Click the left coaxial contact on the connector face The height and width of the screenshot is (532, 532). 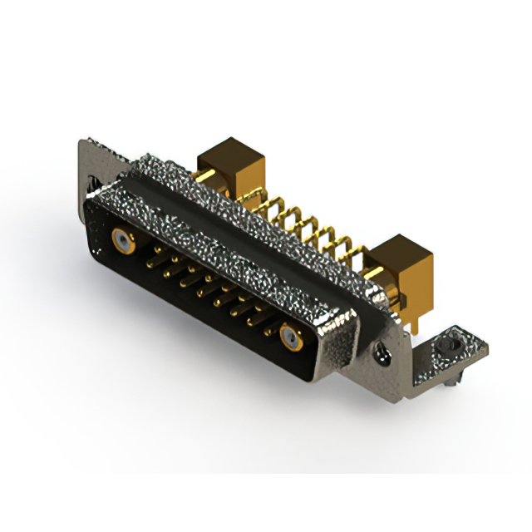tap(122, 241)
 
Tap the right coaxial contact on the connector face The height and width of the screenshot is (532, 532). tap(291, 337)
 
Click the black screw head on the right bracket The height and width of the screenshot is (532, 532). tap(451, 342)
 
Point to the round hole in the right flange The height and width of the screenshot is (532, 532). tap(384, 357)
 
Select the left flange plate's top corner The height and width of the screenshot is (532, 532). tap(83, 144)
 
